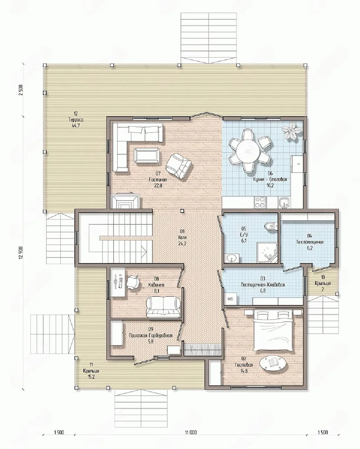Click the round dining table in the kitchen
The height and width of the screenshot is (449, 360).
[x=247, y=150]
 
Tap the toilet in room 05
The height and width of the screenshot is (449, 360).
[x=271, y=226]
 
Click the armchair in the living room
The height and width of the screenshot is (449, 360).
[x=178, y=165]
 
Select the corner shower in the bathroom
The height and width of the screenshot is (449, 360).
[x=267, y=252]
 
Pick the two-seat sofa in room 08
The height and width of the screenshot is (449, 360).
[x=163, y=307]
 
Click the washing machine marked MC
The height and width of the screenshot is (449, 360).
[x=230, y=299]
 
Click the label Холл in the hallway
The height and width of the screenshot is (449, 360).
[x=183, y=237]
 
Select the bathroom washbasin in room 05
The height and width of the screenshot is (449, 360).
[x=232, y=258]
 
